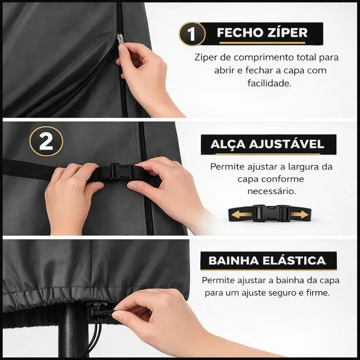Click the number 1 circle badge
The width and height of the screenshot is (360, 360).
[192, 34]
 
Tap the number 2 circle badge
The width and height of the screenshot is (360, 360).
[46, 141]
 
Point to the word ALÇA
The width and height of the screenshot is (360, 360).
[228, 144]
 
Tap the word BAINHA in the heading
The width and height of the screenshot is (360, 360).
[230, 261]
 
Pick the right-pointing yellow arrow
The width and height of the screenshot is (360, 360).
[299, 214]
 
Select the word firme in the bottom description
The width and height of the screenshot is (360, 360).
[317, 292]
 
